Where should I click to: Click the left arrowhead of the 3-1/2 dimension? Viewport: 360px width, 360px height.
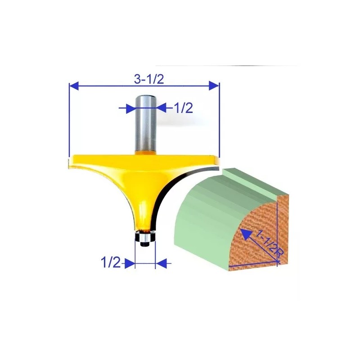pos(73,85)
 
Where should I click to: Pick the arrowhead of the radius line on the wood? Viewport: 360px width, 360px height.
pos(245,233)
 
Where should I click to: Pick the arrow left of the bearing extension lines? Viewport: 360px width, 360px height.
pos(130,263)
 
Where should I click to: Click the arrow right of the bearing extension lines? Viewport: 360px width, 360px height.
pos(161,263)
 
